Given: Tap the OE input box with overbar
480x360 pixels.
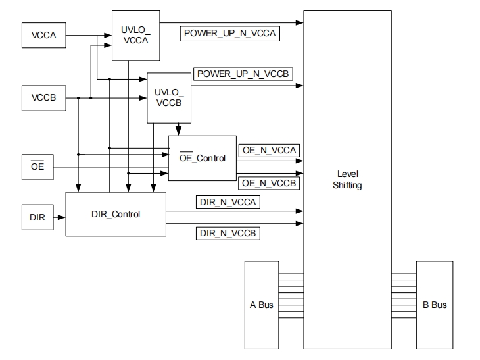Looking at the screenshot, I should pyautogui.click(x=37, y=167).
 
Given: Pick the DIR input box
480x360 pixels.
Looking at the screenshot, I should pyautogui.click(x=37, y=217).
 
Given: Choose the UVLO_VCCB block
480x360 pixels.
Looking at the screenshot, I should pyautogui.click(x=168, y=98).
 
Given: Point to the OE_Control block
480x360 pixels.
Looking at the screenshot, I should pyautogui.click(x=203, y=158).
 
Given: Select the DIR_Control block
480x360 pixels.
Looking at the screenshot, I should pyautogui.click(x=115, y=214).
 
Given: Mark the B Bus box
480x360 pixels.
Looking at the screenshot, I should pyautogui.click(x=435, y=305).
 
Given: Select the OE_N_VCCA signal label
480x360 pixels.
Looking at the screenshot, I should pyautogui.click(x=268, y=151).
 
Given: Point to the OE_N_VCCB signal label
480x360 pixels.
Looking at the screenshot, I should pyautogui.click(x=268, y=182).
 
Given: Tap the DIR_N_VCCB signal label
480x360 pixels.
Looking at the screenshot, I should pyautogui.click(x=228, y=233).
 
